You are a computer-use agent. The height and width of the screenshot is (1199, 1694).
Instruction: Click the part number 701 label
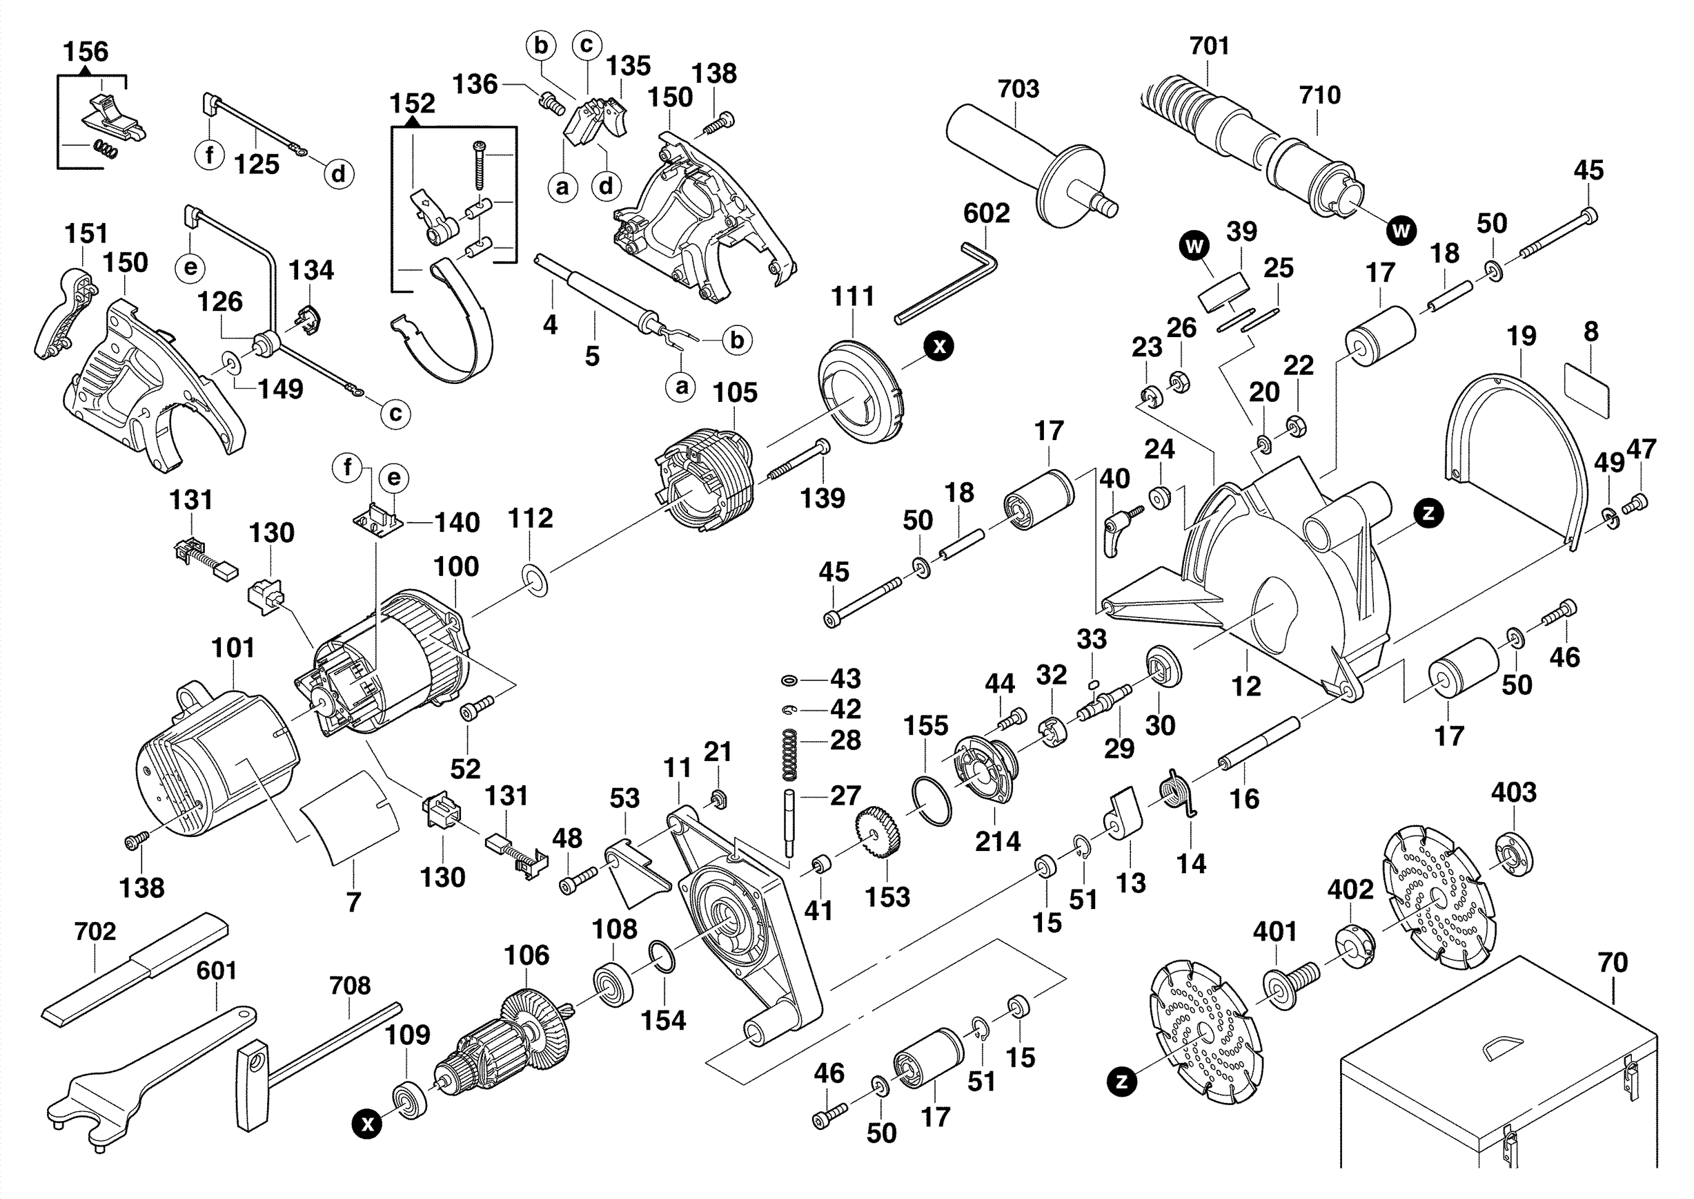[1210, 46]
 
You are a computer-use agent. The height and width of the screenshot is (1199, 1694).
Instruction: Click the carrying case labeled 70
[1498, 1078]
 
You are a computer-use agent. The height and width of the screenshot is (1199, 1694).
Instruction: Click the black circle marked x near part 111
[938, 345]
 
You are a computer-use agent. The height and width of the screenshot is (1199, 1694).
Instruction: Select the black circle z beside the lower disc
[1121, 1082]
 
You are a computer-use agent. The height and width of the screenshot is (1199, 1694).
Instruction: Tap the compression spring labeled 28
[789, 754]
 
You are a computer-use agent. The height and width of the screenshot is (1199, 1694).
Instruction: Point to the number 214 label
[998, 841]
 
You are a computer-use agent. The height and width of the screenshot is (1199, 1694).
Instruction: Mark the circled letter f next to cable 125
[210, 155]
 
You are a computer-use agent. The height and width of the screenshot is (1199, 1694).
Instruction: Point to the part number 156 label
[86, 52]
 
